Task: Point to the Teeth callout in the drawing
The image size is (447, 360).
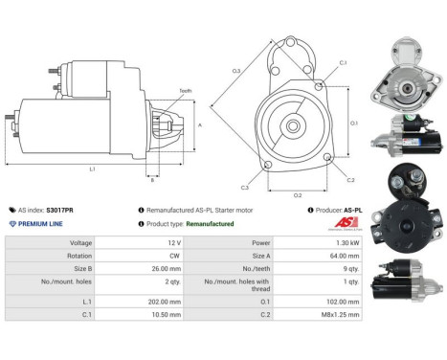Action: click(x=185, y=91)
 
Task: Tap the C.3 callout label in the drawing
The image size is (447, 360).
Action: click(x=245, y=188)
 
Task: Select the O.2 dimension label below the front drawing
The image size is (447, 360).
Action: click(x=298, y=194)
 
